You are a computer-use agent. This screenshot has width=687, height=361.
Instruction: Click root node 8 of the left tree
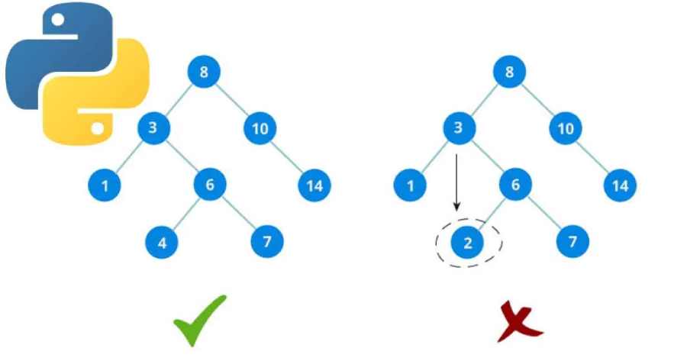pos(204,73)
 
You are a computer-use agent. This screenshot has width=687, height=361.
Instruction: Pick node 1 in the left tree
pos(105,185)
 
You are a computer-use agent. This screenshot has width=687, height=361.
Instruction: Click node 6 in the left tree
pos(210,185)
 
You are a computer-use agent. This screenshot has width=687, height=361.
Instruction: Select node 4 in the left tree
pos(162,243)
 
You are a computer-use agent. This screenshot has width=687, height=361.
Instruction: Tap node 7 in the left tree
pos(267,243)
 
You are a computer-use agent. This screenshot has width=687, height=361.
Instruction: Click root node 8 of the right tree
pos(509,73)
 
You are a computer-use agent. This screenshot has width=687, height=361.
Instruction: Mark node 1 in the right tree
pos(410,185)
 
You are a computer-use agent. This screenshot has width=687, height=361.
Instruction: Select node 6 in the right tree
pos(515,185)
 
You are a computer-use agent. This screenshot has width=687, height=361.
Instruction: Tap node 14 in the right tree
pos(620,185)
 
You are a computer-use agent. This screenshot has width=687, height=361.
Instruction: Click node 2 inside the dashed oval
pos(468,243)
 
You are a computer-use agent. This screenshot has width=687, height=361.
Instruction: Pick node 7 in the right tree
pos(572,243)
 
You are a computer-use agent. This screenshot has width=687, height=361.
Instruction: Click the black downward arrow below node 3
pos(456,183)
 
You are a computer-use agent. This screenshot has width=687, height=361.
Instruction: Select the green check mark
pos(199,321)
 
